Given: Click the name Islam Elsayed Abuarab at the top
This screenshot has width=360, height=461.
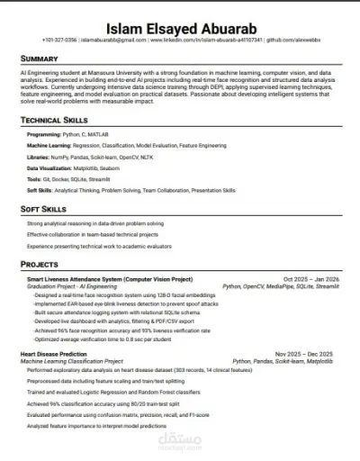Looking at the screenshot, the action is (179, 26).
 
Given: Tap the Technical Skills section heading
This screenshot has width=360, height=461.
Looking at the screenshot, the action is (54, 120).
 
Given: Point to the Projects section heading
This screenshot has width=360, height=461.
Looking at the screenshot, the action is (40, 265).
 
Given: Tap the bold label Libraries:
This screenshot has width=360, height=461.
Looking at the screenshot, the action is (40, 156).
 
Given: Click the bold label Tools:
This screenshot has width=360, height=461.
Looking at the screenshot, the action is (35, 178).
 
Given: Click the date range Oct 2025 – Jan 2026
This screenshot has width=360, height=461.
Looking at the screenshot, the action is (311, 279).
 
